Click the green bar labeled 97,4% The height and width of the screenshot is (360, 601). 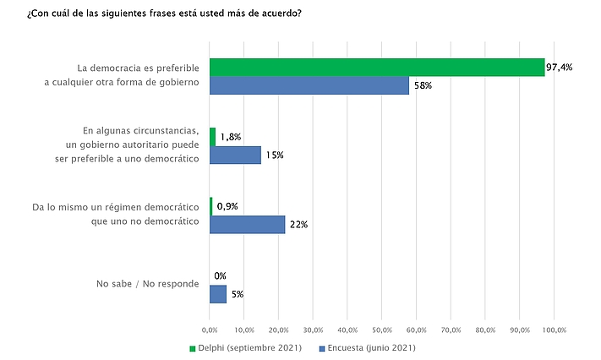pyautogui.click(x=377, y=68)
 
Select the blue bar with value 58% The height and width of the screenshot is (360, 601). pyautogui.click(x=309, y=85)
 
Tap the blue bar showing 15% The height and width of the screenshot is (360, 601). pyautogui.click(x=235, y=155)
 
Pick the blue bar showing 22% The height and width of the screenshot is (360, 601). pyautogui.click(x=247, y=225)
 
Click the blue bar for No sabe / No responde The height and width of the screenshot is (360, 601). pyautogui.click(x=218, y=294)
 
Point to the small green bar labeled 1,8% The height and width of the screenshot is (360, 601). pyautogui.click(x=213, y=137)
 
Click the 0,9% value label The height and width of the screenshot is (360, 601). pyautogui.click(x=227, y=206)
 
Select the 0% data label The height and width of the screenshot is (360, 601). pyautogui.click(x=220, y=275)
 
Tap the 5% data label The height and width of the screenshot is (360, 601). pyautogui.click(x=238, y=294)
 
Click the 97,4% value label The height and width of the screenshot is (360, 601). pyautogui.click(x=560, y=68)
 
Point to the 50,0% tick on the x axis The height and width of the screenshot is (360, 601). pyautogui.click(x=382, y=330)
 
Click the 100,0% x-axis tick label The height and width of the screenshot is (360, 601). pyautogui.click(x=555, y=330)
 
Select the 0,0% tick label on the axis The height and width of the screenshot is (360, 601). pyautogui.click(x=210, y=330)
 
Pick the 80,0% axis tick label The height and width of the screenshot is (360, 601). pyautogui.click(x=485, y=330)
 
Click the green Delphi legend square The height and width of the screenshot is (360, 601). pyautogui.click(x=193, y=348)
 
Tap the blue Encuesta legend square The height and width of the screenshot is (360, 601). pyautogui.click(x=322, y=348)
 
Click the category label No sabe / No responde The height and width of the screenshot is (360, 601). pyautogui.click(x=148, y=284)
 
